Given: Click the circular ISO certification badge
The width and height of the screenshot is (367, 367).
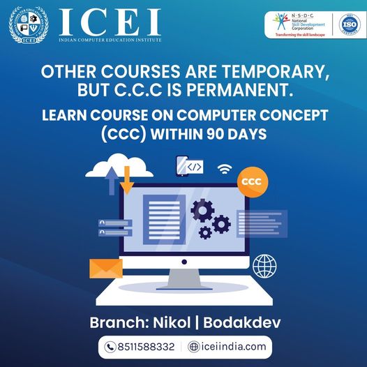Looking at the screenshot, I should pyautogui.click(x=347, y=24).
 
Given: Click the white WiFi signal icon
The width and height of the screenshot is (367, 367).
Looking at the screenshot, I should pyautogui.click(x=225, y=170).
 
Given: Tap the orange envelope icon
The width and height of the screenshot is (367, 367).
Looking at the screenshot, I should pyautogui.click(x=106, y=268).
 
